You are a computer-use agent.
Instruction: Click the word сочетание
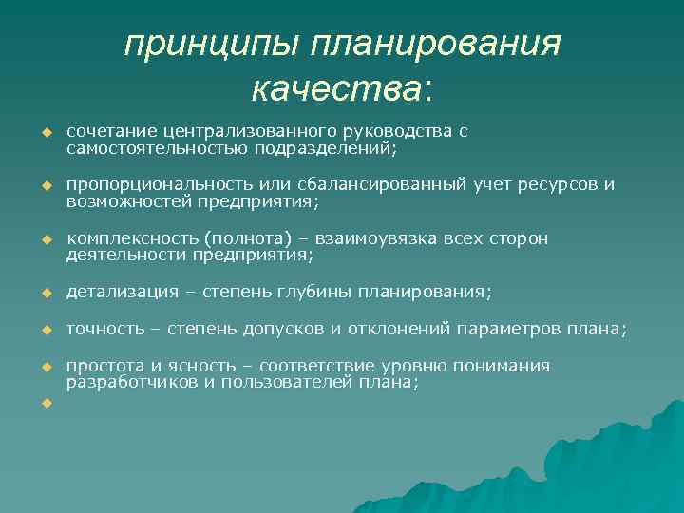(x=110, y=131)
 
